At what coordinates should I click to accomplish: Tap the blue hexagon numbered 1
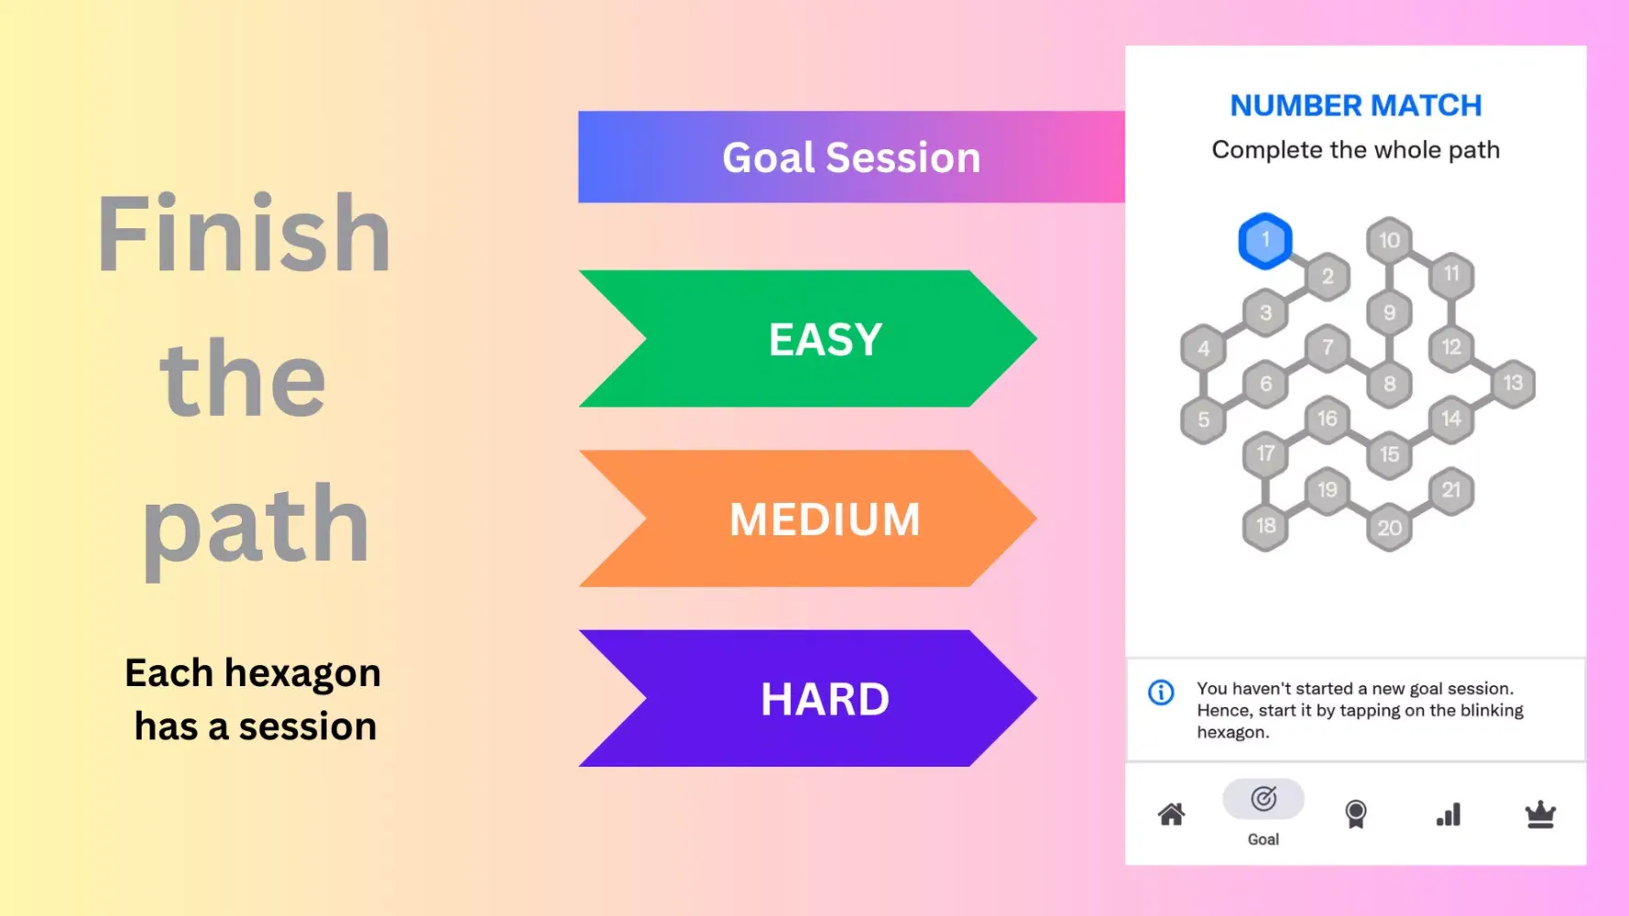(1265, 241)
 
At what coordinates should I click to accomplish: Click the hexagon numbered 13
(1513, 383)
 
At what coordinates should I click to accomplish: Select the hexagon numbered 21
(1451, 490)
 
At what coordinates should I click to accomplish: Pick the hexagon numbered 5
(1203, 420)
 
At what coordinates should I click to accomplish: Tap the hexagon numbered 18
(1265, 526)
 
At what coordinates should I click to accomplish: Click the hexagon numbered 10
(1389, 241)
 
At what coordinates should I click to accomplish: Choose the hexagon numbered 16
(1328, 420)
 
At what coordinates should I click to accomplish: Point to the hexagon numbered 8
(1389, 384)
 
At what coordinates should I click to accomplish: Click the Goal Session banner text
(851, 158)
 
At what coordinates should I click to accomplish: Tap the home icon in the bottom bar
(1171, 814)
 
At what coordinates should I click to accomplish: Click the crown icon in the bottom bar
(1540, 814)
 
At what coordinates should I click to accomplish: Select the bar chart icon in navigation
(1449, 814)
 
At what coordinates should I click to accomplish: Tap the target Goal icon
(1263, 800)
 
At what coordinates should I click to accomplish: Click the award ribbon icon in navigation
(1356, 814)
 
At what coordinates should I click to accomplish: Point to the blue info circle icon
(1161, 692)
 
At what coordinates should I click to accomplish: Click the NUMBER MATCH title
(1356, 105)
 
